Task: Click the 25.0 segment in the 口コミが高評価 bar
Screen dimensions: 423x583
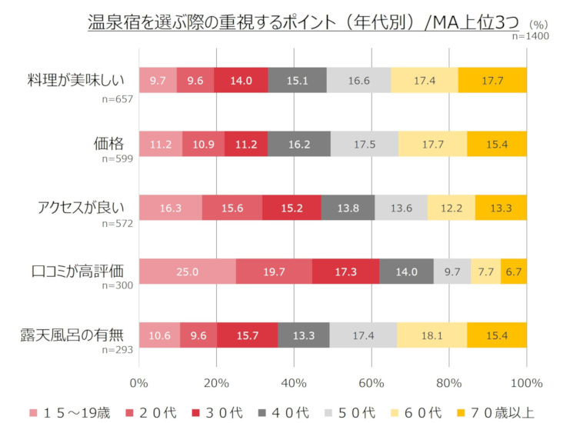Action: pos(187,271)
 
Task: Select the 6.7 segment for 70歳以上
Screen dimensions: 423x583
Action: pos(514,271)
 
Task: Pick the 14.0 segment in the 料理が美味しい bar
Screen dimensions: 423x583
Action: pos(241,80)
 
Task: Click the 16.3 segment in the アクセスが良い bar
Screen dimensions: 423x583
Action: pos(170,208)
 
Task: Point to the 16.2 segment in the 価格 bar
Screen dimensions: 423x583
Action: pos(298,144)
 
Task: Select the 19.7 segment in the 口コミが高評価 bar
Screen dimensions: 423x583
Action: pos(274,271)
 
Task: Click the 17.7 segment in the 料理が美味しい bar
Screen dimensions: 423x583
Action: pos(492,80)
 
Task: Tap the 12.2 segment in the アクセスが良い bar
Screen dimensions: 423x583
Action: pos(451,208)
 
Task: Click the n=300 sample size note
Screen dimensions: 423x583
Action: pos(118,285)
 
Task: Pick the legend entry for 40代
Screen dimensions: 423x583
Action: pos(308,412)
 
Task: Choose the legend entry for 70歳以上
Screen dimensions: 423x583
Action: pos(498,412)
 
